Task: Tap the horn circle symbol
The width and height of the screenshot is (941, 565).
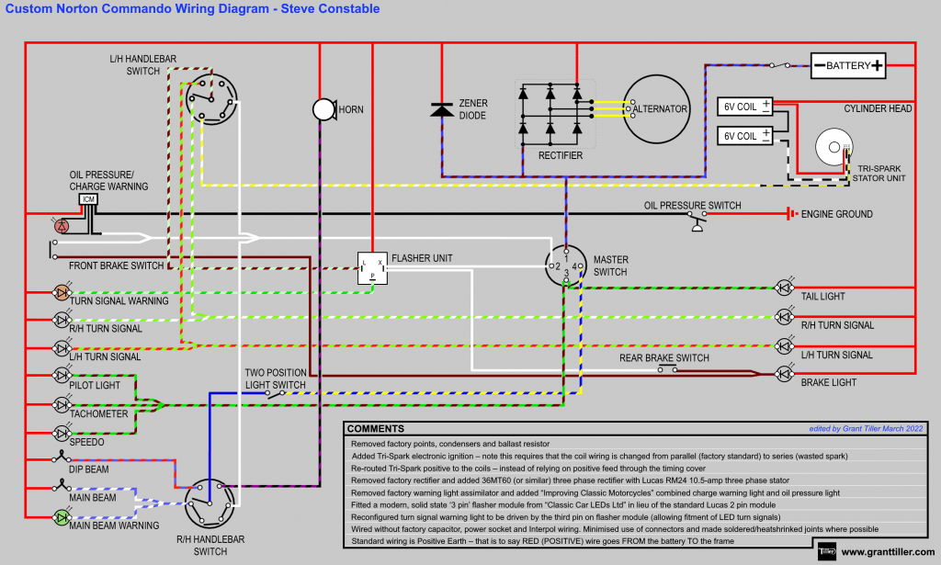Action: tap(323, 109)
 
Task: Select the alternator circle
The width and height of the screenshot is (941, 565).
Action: tap(657, 108)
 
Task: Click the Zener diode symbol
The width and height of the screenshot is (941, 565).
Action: tap(442, 109)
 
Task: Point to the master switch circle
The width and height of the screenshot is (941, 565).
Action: tap(566, 266)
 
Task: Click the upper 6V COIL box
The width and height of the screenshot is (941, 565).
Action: tap(745, 107)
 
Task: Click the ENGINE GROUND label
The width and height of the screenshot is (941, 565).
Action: tap(837, 214)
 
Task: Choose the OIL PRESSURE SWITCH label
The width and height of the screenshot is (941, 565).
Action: tap(692, 205)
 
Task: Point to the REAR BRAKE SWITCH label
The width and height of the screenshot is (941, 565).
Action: tap(664, 357)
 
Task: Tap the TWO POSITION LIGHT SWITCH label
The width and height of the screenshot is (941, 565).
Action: tap(275, 379)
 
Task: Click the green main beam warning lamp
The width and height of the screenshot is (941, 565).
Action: tap(61, 517)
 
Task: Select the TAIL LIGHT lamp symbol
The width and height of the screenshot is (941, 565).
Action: tap(784, 287)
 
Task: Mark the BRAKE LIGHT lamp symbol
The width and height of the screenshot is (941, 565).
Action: tap(784, 373)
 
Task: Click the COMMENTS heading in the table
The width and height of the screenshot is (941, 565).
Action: tap(376, 429)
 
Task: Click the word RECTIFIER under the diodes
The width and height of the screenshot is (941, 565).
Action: tap(560, 156)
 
